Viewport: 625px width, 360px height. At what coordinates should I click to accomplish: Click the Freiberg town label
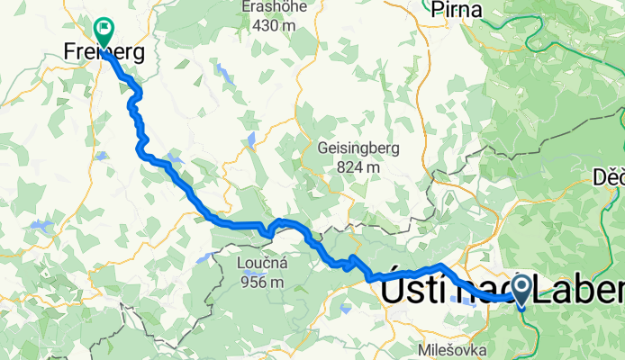pyautogui.click(x=104, y=53)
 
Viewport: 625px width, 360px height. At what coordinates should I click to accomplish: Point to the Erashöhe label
pyautogui.click(x=275, y=7)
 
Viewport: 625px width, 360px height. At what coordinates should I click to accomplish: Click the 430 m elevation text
pyautogui.click(x=276, y=26)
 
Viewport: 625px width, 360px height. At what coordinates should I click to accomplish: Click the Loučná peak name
pyautogui.click(x=262, y=263)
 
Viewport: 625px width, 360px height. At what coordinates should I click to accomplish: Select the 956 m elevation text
pyautogui.click(x=262, y=282)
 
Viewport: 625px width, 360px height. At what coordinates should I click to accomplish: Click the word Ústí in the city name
pyautogui.click(x=413, y=292)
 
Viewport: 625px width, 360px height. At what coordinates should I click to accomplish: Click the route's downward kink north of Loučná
pyautogui.click(x=268, y=232)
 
